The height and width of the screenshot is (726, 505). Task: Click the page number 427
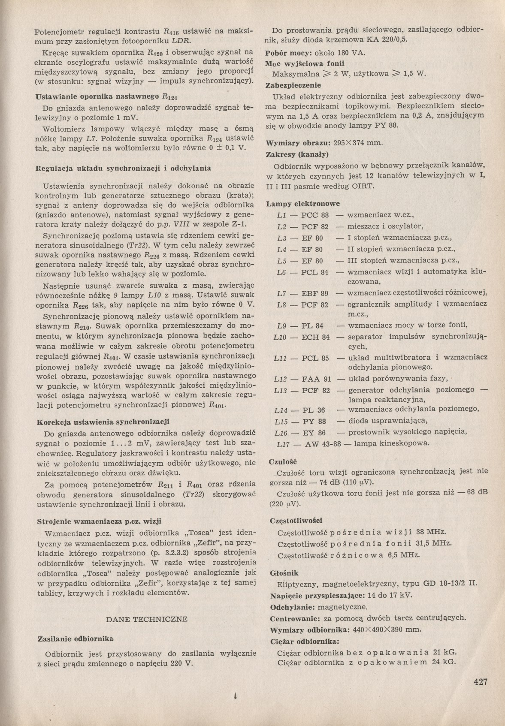(481, 681)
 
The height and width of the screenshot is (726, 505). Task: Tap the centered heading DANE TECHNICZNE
(146, 619)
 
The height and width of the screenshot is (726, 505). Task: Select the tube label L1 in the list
(281, 215)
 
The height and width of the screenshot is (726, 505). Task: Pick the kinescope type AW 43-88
(323, 444)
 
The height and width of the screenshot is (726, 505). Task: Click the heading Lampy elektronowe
(303, 204)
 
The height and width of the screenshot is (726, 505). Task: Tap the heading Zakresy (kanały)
(297, 154)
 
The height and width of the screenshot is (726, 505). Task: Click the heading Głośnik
(284, 573)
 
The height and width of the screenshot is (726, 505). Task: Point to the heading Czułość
(283, 461)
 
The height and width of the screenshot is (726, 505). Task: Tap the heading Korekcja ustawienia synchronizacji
(103, 422)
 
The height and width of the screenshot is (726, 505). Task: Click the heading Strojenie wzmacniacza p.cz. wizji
(99, 521)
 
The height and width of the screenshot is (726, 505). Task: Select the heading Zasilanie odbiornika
(76, 639)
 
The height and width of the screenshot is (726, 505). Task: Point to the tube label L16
(281, 433)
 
